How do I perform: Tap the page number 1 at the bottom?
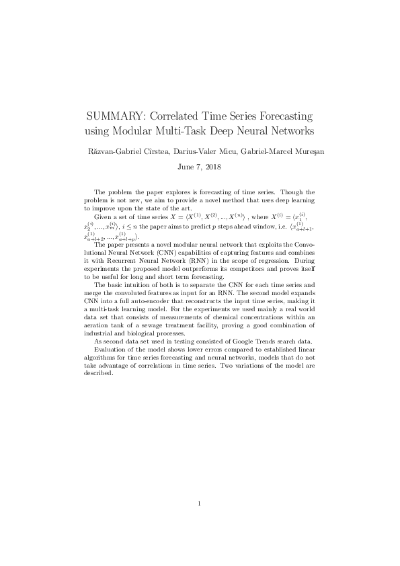point(200,503)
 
